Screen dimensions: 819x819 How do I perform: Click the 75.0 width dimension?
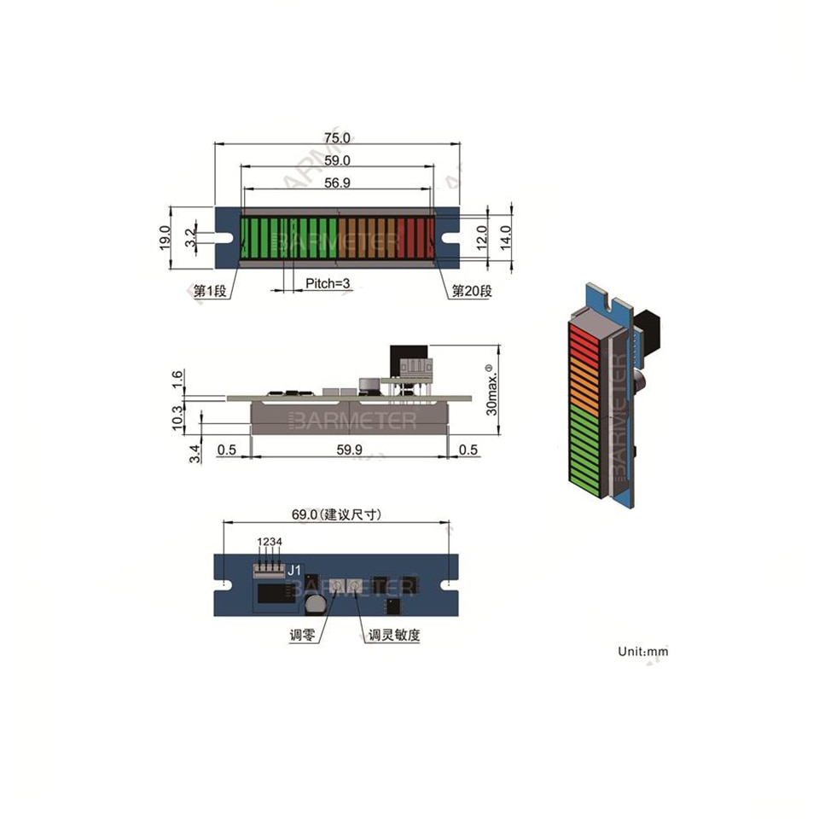click(336, 137)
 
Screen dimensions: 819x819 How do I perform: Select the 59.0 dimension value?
click(337, 160)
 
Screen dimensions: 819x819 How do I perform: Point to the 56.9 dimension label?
click(337, 183)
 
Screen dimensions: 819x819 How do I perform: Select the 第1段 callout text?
click(210, 292)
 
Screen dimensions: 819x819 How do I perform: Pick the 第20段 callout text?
click(472, 292)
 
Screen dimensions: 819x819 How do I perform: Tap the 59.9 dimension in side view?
click(349, 449)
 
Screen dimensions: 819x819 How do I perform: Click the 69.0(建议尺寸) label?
click(336, 514)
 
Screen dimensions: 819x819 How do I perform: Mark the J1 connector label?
click(293, 569)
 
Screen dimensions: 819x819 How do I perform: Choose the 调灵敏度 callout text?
click(394, 636)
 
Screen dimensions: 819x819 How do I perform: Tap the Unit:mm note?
click(643, 651)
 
